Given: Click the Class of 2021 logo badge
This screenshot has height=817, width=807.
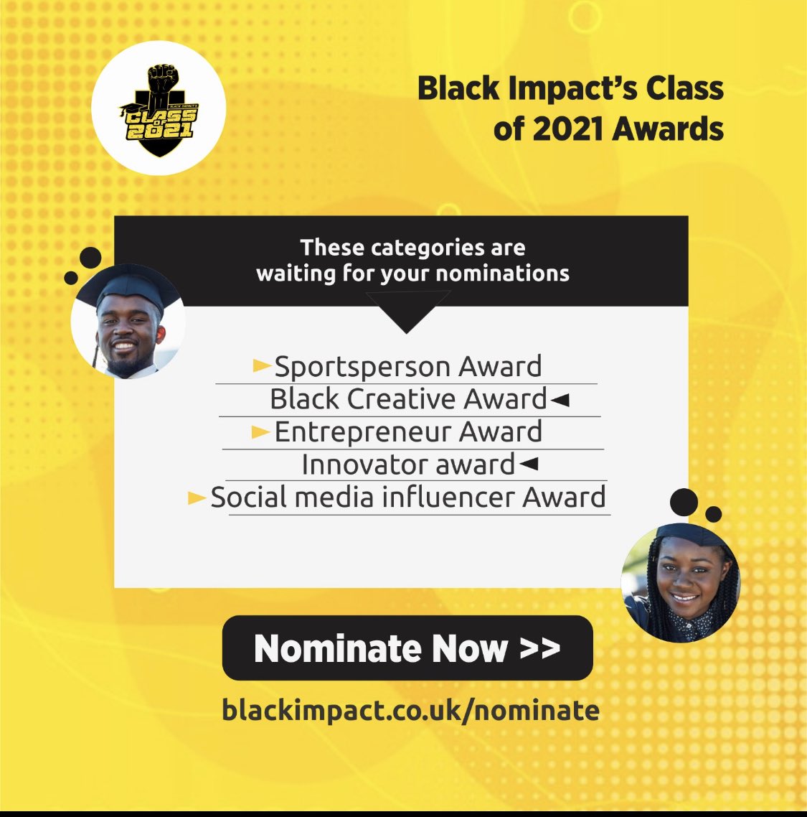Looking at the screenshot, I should [159, 108].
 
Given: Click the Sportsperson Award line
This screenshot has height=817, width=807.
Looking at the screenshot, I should [407, 367].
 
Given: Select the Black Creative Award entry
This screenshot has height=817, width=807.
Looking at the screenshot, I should [408, 399].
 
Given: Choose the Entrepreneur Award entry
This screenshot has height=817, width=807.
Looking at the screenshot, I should [408, 432].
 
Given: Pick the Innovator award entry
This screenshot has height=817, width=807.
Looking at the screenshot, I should [407, 464].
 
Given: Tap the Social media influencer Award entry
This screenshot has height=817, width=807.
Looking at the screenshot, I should [407, 498].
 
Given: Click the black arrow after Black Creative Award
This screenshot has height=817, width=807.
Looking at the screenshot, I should [560, 400].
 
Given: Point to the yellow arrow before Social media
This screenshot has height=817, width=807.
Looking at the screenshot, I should [197, 498].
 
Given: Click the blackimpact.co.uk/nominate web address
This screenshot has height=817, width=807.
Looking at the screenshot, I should [410, 711].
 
